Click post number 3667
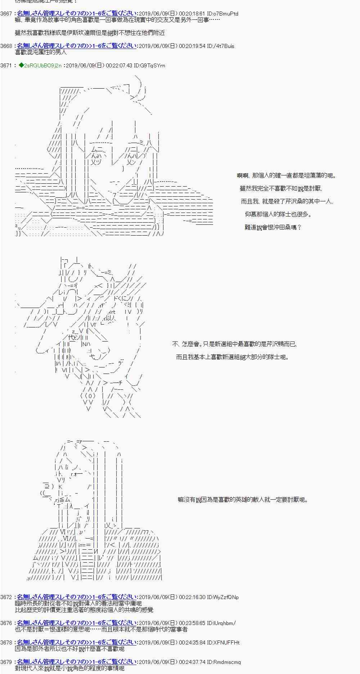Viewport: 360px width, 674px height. tap(6, 14)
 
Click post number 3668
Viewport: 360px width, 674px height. tap(6, 46)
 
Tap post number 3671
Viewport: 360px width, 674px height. tap(6, 66)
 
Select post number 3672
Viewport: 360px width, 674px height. tap(6, 597)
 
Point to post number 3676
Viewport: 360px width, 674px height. tap(6, 623)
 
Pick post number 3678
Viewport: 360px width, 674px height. tap(6, 642)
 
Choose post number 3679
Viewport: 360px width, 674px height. tap(6, 662)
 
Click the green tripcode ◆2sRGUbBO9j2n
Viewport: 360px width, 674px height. tap(40, 66)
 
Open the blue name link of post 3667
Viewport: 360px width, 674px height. tap(76, 14)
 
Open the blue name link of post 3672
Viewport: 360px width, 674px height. tap(76, 597)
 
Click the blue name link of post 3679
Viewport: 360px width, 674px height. tap(76, 662)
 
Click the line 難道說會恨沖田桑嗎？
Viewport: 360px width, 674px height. tap(273, 227)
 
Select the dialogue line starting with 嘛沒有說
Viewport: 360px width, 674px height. tap(243, 500)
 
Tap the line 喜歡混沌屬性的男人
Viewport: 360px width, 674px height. tap(41, 52)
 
